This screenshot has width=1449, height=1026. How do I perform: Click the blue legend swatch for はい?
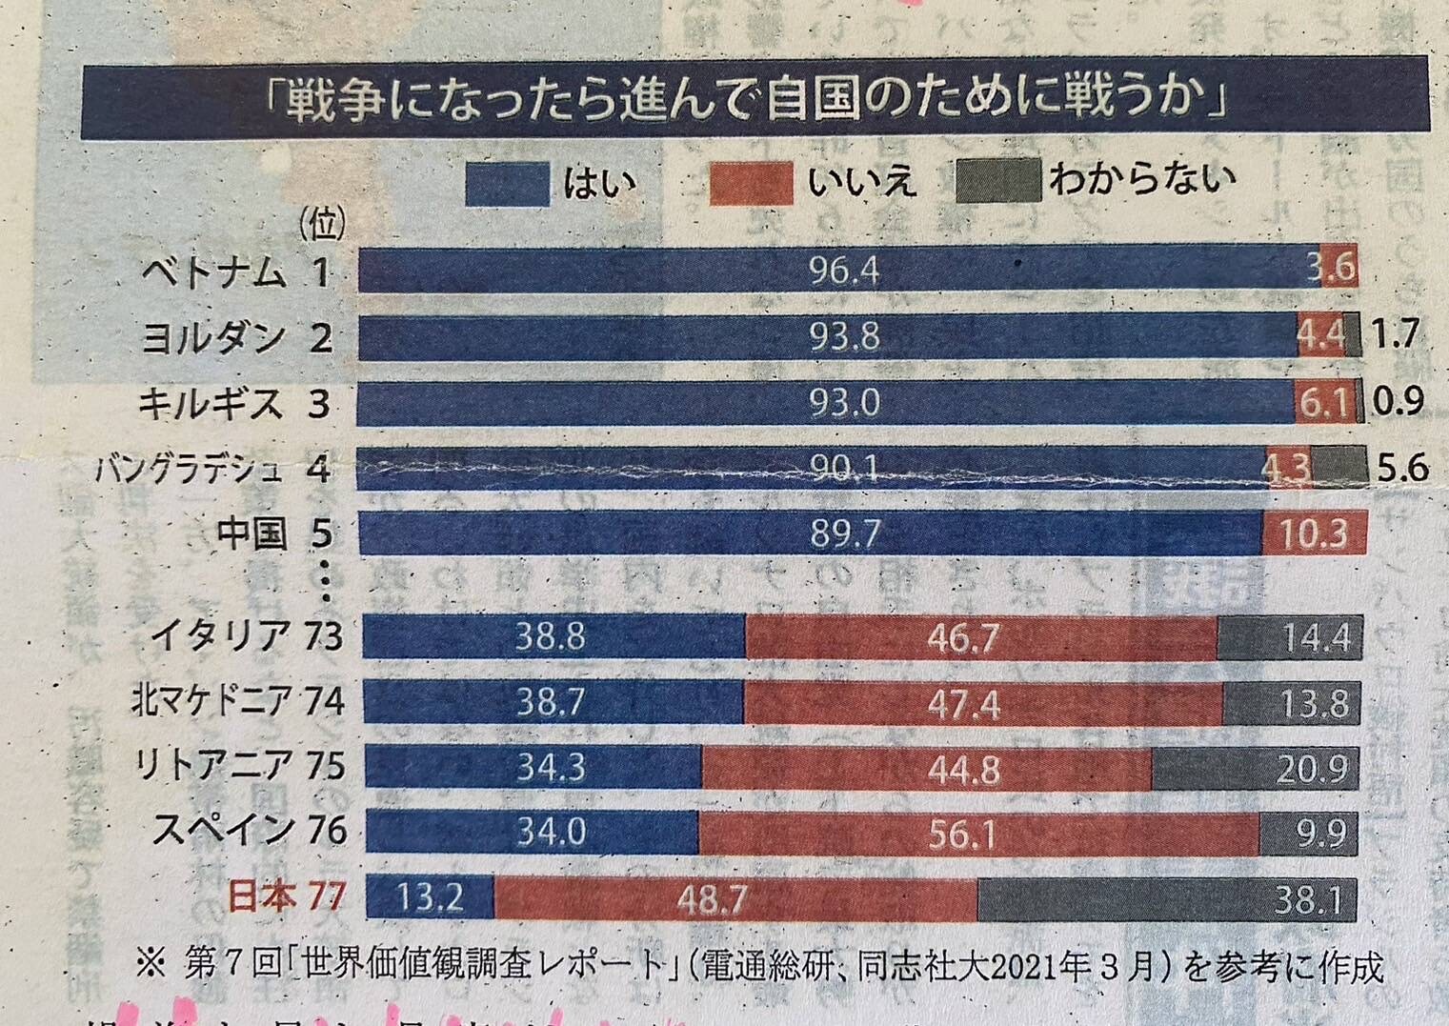(507, 183)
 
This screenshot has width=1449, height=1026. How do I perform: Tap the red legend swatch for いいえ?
(751, 183)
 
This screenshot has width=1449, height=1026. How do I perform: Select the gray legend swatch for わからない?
(996, 181)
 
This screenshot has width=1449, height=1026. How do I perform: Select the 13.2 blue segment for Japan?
(431, 897)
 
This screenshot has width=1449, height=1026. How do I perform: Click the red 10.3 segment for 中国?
(1314, 533)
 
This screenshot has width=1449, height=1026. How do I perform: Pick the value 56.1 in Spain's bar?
(962, 835)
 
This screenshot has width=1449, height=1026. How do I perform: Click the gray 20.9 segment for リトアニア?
(1313, 769)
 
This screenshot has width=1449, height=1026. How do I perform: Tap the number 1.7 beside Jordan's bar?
(1396, 335)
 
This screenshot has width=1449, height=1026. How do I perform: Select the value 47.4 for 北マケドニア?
(962, 704)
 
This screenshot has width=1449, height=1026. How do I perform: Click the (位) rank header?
(322, 226)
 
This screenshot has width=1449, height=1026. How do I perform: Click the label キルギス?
(211, 404)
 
